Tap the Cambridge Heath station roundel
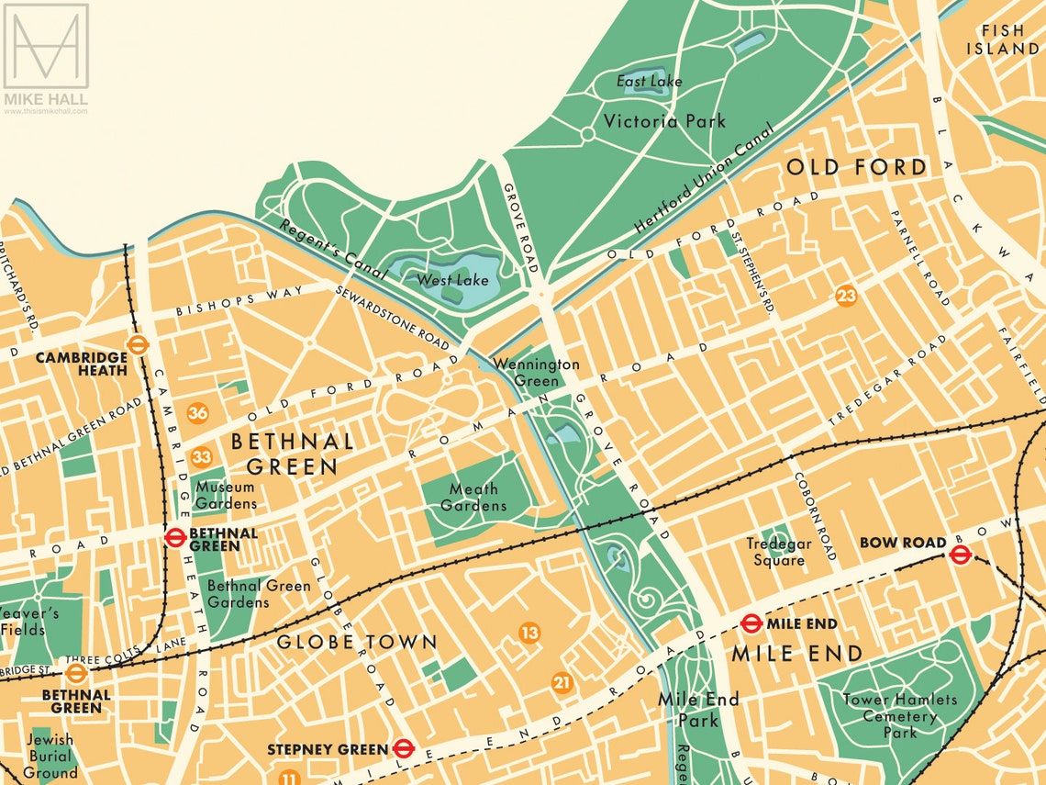139,344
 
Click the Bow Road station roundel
960,554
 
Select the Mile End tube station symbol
751,623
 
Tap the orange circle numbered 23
846,296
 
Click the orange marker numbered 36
197,413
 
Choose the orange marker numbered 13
529,633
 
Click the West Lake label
452,279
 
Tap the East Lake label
649,82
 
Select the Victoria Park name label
664,120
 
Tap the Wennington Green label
537,372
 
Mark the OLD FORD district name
856,167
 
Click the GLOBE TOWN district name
357,642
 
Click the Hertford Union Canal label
705,179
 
